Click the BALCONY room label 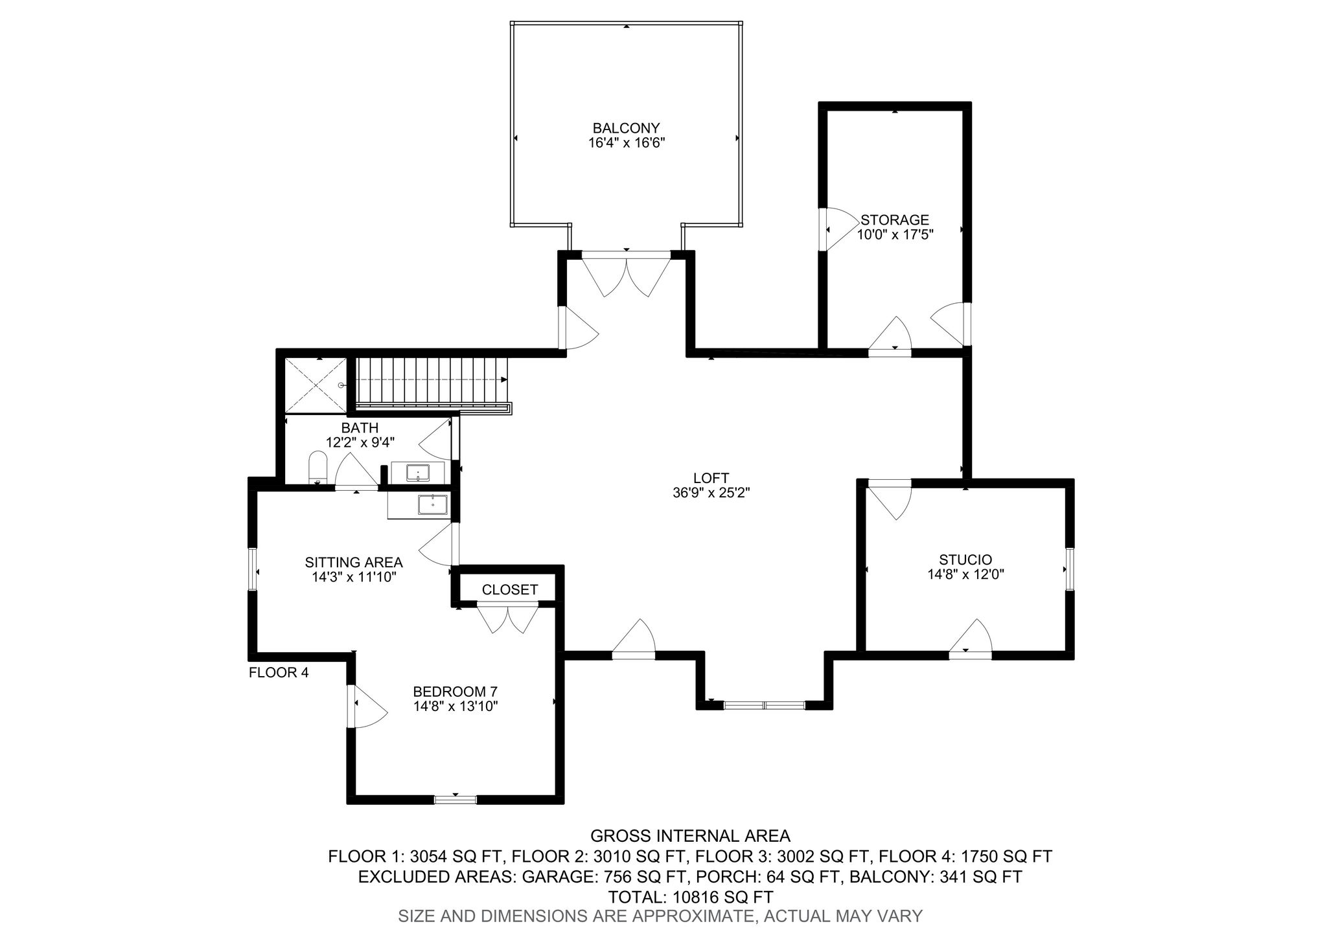point(626,128)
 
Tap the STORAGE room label point(895,220)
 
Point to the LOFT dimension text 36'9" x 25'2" point(711,493)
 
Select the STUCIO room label point(965,559)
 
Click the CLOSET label point(509,590)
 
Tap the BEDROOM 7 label point(456,691)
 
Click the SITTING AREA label point(354,562)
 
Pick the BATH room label point(360,428)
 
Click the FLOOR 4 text point(279,673)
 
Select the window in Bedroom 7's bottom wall point(455,799)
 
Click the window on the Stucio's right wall point(1069,569)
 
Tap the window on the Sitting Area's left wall point(253,570)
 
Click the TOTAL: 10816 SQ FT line point(691,897)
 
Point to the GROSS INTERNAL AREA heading point(690,835)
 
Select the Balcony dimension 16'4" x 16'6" point(627,143)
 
